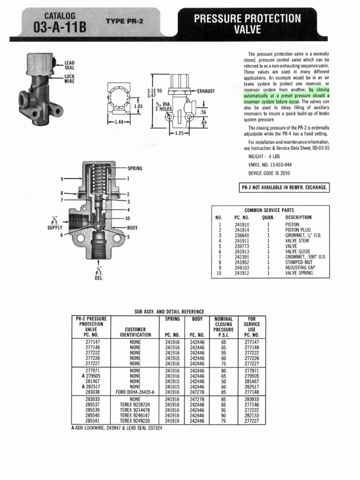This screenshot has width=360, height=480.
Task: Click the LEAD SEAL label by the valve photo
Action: click(69, 65)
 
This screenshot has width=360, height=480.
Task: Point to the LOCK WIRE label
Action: click(69, 78)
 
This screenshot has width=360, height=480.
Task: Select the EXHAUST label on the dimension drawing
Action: click(206, 91)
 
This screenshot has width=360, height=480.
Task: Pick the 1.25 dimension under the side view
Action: click(179, 133)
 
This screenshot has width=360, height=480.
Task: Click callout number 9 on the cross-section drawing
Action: click(61, 179)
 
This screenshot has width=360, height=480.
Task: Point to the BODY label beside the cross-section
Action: click(133, 227)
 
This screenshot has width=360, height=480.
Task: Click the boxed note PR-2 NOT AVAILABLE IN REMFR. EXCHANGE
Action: click(284, 188)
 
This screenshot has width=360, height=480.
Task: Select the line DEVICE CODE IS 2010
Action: click(269, 173)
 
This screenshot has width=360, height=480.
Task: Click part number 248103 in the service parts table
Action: click(242, 268)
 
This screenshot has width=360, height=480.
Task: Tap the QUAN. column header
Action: click(268, 217)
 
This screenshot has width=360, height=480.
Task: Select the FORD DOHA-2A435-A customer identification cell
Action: click(135, 392)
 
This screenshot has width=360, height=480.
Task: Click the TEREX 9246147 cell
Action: click(135, 415)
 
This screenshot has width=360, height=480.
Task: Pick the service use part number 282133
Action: click(252, 415)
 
